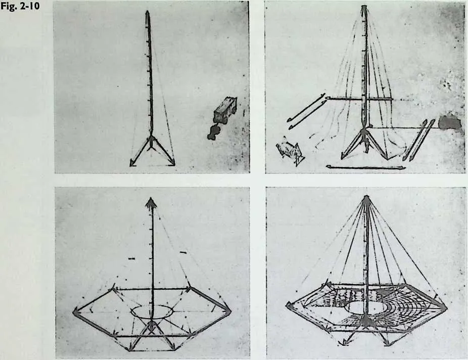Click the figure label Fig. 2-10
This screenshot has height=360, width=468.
[20, 6]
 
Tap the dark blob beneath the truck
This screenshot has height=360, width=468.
[214, 132]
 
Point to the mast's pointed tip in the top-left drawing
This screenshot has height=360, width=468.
[148, 12]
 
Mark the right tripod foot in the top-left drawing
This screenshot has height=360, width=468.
[172, 163]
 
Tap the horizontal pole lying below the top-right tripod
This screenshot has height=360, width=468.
[365, 167]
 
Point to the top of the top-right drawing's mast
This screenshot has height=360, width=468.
[364, 7]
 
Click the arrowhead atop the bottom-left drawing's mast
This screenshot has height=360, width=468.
[151, 202]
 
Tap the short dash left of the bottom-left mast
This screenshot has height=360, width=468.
[132, 258]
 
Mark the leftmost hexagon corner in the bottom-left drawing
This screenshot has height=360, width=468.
[74, 312]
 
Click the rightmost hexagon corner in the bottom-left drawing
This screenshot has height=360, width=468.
[230, 310]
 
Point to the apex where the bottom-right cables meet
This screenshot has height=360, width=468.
[367, 197]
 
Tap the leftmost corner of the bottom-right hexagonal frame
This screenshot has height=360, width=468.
[288, 304]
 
